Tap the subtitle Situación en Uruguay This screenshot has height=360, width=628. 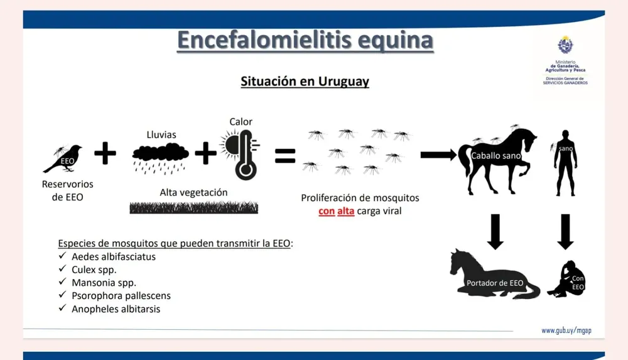tap(305, 82)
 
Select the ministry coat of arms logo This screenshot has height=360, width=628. tap(565, 45)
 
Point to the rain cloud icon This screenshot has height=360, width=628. tap(160, 158)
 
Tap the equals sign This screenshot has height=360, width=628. tap(285, 156)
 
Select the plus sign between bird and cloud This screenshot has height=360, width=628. tap(105, 153)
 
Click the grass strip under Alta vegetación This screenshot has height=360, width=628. tap(194, 208)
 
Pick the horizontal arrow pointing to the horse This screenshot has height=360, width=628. tap(438, 155)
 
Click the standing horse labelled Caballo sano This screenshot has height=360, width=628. tap(497, 160)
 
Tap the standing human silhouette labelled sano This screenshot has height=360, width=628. tap(565, 163)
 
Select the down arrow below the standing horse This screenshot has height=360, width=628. tap(495, 232)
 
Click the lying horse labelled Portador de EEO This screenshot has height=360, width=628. tap(494, 276)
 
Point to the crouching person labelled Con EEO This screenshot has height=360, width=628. tap(566, 279)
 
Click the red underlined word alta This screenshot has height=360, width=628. tap(345, 211)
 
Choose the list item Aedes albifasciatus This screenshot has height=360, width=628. tap(114, 256)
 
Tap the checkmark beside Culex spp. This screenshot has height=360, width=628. tap(62, 269)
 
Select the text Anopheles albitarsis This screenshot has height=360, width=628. tap(116, 309)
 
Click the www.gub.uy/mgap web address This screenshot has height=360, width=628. tap(566, 330)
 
